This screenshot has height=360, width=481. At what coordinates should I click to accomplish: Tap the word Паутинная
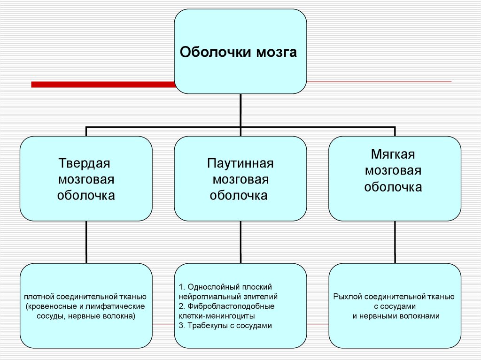coord(240,165)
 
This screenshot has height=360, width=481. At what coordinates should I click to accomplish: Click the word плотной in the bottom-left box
coord(39,297)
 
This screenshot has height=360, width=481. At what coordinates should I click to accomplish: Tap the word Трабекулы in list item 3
coord(207,326)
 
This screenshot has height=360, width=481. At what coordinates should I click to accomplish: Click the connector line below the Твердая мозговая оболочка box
coord(86,242)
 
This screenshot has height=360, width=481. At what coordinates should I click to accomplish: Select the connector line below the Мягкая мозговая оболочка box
coord(395,242)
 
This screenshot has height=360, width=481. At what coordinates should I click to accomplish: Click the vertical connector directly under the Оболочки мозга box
coord(240,110)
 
